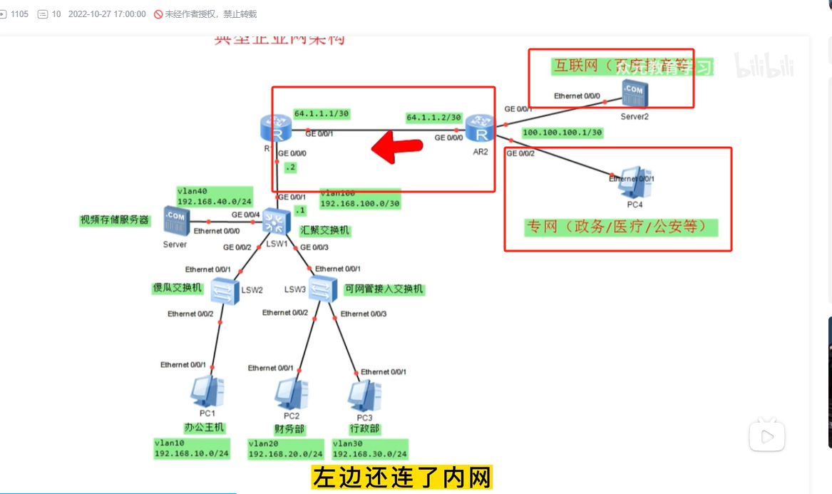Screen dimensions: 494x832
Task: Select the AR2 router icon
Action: click(480, 131)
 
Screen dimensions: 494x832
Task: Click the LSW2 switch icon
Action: click(227, 289)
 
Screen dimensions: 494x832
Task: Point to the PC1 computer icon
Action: click(207, 391)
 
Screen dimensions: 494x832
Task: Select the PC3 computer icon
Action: click(364, 395)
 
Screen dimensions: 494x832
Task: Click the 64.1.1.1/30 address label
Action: click(322, 113)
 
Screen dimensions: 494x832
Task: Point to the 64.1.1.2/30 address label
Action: click(434, 117)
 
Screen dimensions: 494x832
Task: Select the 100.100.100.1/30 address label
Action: click(563, 133)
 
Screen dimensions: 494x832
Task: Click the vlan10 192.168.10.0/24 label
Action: click(192, 448)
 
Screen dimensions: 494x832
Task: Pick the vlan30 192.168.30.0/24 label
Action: click(369, 448)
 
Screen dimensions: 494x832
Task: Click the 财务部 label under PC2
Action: click(289, 429)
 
